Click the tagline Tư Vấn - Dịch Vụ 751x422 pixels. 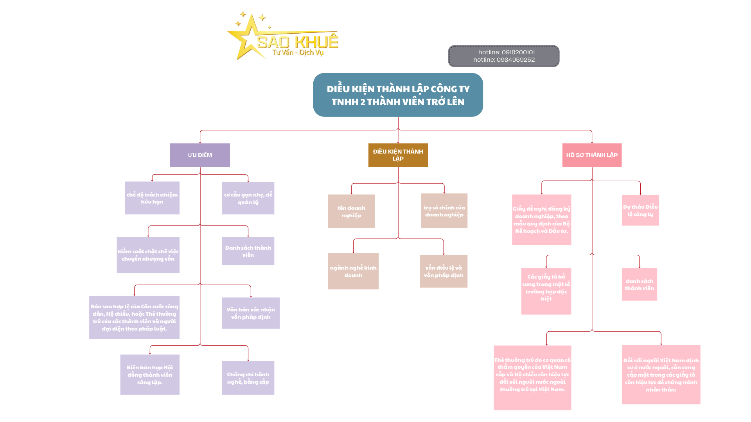(298, 53)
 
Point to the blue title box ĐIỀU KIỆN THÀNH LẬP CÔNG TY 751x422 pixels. (398, 95)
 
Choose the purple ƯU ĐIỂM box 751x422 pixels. (200, 155)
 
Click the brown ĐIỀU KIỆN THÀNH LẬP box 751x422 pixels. (398, 155)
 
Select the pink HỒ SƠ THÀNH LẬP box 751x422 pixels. (592, 155)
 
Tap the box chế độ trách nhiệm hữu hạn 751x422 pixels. (152, 198)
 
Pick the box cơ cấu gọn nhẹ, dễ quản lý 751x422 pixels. (248, 198)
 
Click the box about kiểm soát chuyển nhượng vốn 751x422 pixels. (148, 255)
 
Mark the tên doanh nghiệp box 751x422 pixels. (351, 211)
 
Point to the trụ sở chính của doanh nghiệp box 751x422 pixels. (444, 211)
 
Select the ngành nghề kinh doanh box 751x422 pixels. (353, 271)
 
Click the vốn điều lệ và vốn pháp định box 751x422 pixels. (444, 271)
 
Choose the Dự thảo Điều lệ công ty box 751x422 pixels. (640, 210)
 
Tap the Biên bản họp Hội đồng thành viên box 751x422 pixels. (150, 375)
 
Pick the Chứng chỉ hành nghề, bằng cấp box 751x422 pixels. (248, 378)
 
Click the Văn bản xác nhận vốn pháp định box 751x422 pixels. (251, 313)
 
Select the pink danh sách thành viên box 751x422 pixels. (639, 284)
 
